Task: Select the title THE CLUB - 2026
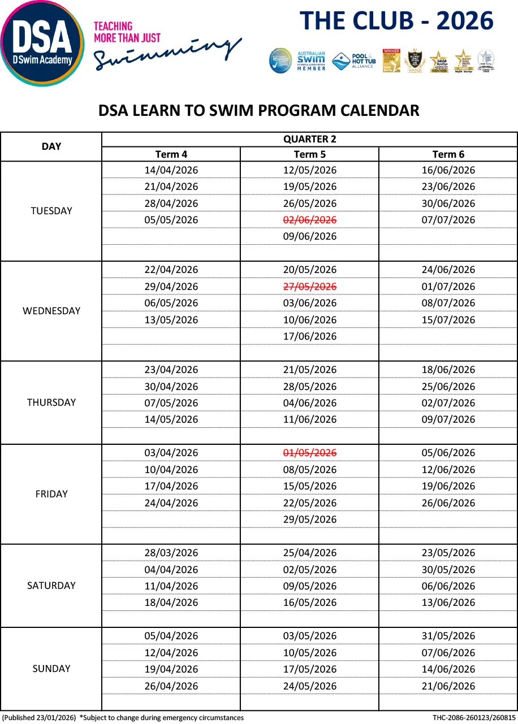pos(397,21)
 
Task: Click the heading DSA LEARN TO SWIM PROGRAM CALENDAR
pos(259,110)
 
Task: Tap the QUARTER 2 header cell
pos(309,139)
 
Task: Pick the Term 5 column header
pos(309,154)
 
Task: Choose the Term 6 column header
pos(448,154)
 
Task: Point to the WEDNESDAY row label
pos(51,311)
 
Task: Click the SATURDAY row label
pos(51,586)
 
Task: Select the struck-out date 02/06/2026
pos(310,220)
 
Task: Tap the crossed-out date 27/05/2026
pos(310,287)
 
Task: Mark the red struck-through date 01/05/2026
pos(310,453)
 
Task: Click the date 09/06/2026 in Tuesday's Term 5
pos(310,236)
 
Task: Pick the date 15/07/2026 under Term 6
pos(448,320)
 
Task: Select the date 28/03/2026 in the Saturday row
pos(171,553)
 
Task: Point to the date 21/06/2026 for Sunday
pos(448,686)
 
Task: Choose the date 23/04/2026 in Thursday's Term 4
pos(171,370)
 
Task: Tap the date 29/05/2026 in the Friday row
pos(310,519)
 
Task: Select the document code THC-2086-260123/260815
pos(474,718)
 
